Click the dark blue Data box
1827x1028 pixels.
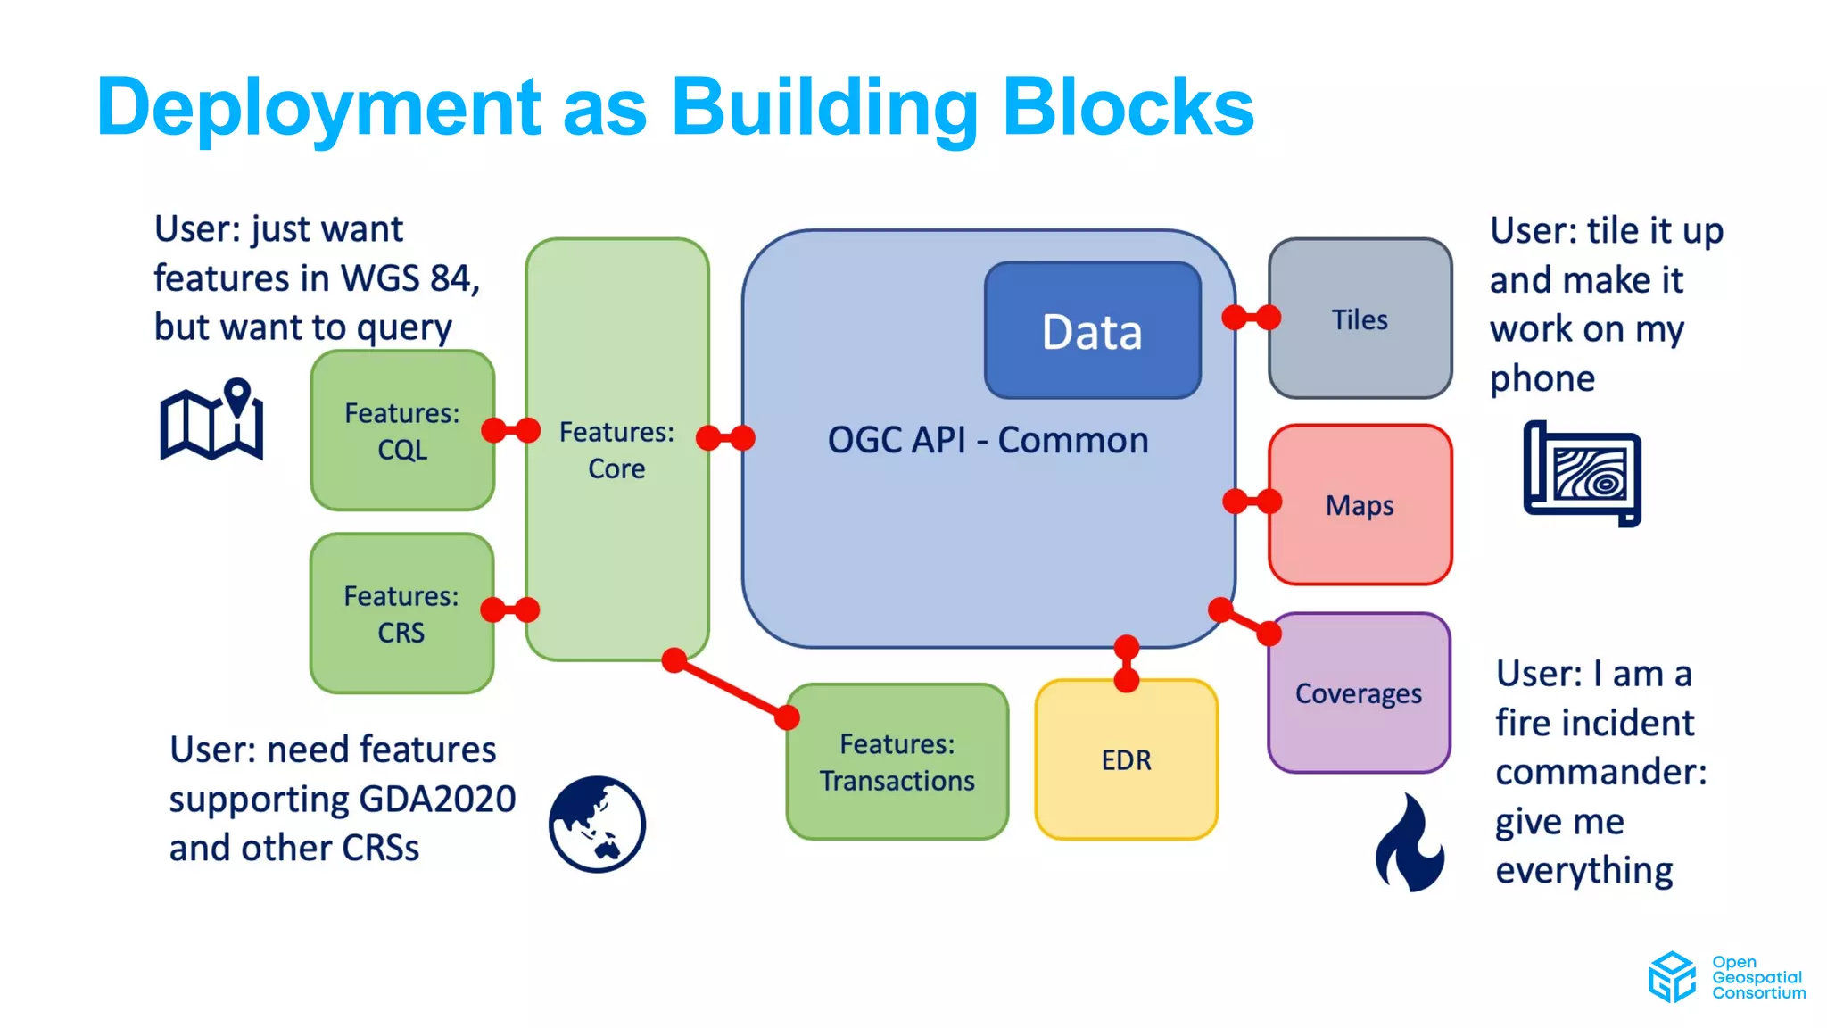coord(1092,330)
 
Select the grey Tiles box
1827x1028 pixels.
coord(1360,319)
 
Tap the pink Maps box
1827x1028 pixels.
coord(1360,505)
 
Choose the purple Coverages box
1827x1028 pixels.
coord(1358,693)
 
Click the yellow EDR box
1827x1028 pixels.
coord(1126,759)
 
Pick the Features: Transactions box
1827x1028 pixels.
coord(897,762)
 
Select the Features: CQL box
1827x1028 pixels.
coord(401,430)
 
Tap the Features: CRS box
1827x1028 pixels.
coord(401,614)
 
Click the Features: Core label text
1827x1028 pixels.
coord(616,450)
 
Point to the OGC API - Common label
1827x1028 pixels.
coord(988,440)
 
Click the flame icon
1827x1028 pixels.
coord(1410,843)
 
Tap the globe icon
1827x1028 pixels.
coord(597,824)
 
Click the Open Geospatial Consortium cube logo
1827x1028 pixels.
coord(1671,977)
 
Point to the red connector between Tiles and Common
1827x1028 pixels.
coord(1251,317)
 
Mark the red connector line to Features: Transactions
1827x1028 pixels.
coord(730,688)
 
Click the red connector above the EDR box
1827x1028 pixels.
coord(1127,663)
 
